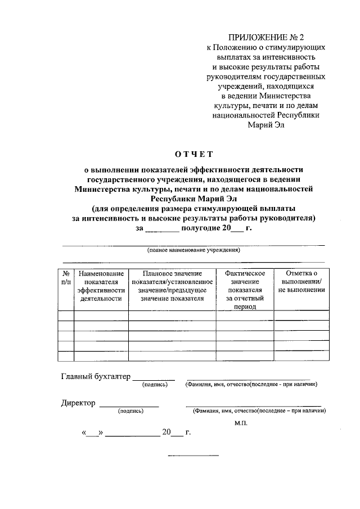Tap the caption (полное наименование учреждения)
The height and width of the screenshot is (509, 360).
[x=193, y=250]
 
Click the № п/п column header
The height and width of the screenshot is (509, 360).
[x=66, y=277]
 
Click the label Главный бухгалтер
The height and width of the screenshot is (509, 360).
[x=96, y=376]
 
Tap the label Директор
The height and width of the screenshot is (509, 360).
[x=79, y=403]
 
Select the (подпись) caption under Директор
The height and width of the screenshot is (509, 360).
[x=130, y=411]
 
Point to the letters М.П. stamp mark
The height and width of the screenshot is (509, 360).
[x=241, y=422]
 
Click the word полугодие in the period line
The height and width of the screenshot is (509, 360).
[x=201, y=228]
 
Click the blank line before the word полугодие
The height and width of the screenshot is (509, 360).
[x=162, y=229]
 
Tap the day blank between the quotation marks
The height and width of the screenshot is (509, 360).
[x=93, y=434]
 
